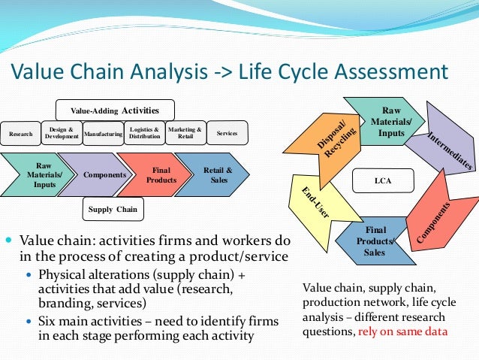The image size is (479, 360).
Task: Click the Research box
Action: [x=20, y=133]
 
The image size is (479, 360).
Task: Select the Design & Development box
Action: [x=61, y=132]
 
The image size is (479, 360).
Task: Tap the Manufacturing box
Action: [x=103, y=133]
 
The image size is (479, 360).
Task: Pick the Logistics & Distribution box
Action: [x=143, y=132]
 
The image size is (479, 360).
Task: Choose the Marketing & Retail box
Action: [x=184, y=132]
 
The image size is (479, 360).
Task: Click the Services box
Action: [x=226, y=133]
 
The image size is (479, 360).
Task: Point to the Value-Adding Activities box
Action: [x=116, y=110]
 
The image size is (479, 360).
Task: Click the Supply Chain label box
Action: [x=113, y=209]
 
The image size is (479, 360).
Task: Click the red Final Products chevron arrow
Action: [x=149, y=174]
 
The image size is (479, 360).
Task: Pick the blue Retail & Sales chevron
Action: [x=214, y=174]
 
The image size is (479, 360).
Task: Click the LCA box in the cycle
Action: [x=383, y=180]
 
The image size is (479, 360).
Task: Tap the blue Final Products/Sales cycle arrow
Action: [x=375, y=240]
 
